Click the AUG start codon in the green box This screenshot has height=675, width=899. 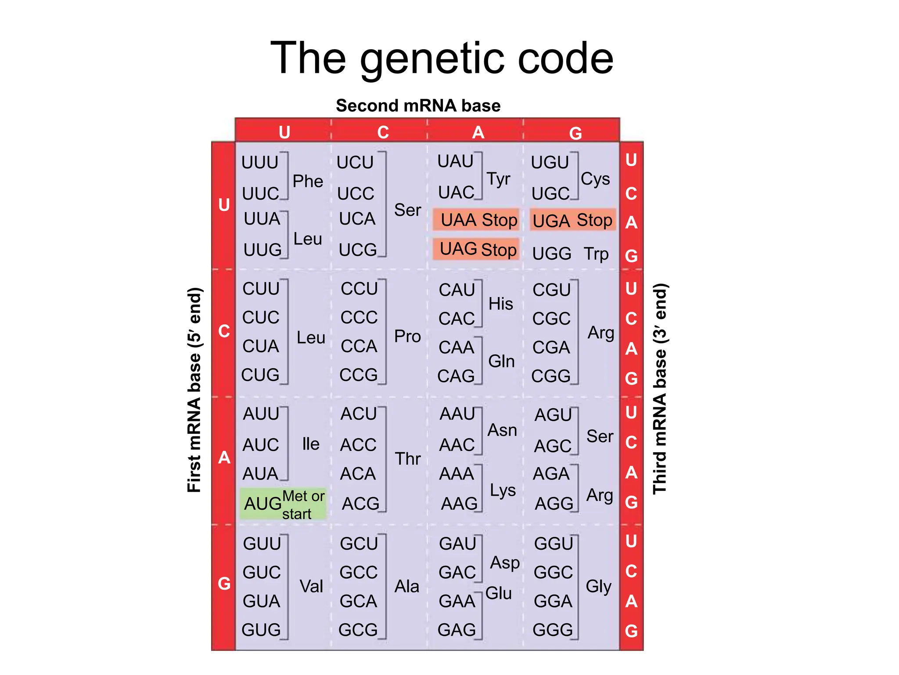[x=263, y=504]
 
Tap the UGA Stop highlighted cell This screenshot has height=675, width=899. [x=572, y=220]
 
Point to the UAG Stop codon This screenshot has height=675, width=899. [x=478, y=249]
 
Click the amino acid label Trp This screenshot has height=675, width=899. [x=596, y=254]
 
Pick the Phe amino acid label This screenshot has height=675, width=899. [x=308, y=181]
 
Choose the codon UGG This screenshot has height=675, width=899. [x=552, y=254]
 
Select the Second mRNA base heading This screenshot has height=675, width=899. [x=418, y=106]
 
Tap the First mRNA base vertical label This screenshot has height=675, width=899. [x=194, y=390]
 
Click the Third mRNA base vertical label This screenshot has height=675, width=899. [x=660, y=389]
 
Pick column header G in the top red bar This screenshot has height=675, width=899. [x=575, y=133]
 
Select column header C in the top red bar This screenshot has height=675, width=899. [x=383, y=132]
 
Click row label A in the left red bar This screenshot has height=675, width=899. [x=224, y=458]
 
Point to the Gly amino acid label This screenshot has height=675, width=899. [x=598, y=586]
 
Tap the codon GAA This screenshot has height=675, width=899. [x=457, y=601]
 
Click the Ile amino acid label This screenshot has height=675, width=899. [x=310, y=444]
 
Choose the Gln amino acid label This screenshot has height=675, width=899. [x=501, y=361]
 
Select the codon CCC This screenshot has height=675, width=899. [x=359, y=317]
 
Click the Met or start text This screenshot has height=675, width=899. [x=303, y=504]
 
